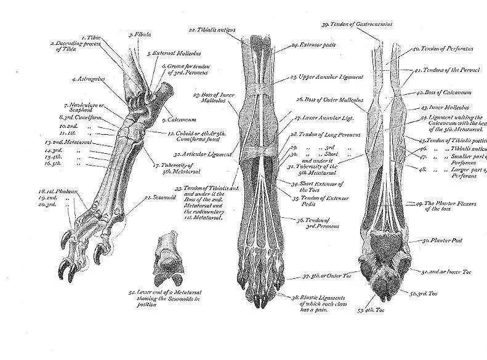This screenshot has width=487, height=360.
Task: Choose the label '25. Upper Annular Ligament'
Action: [326, 76]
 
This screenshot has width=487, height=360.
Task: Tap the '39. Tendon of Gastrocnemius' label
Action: [356, 24]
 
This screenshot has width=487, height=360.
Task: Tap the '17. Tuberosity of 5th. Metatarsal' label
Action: [169, 169]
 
